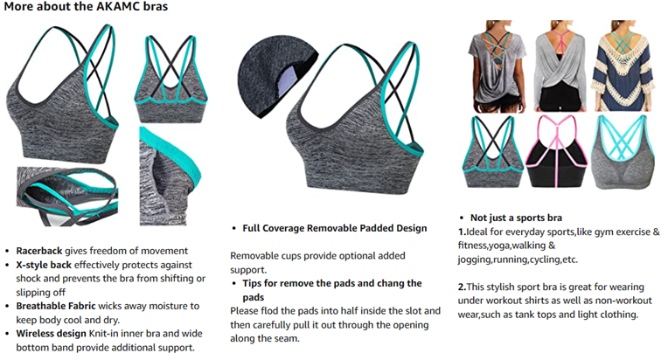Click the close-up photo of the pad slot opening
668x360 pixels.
click(x=171, y=165)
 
